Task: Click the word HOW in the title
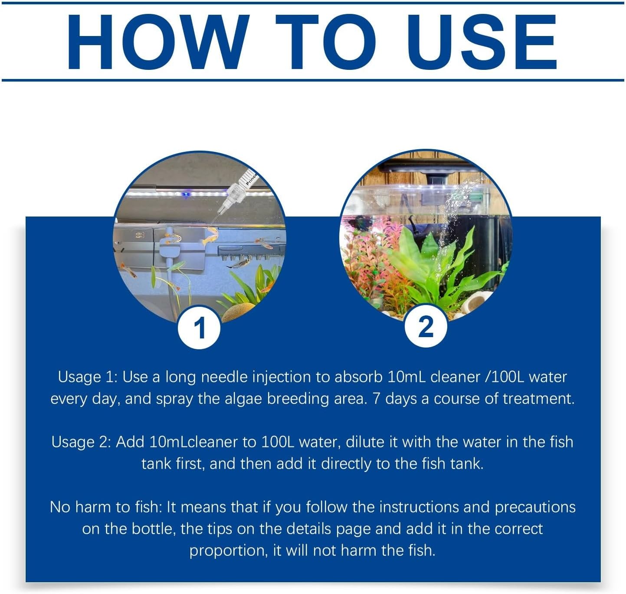[157, 42]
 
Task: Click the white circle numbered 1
[199, 328]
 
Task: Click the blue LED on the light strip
[185, 194]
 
